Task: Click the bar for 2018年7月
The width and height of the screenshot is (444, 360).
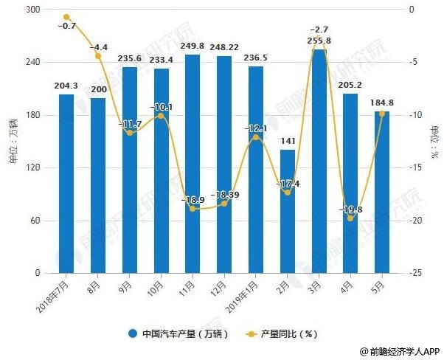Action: click(66, 184)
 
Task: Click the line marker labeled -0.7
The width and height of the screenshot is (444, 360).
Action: click(66, 17)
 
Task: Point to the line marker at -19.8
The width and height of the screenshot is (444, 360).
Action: click(351, 218)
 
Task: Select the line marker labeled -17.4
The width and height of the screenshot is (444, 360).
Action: click(288, 193)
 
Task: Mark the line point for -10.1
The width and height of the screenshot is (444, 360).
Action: click(161, 116)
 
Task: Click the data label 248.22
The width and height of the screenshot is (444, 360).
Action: click(224, 47)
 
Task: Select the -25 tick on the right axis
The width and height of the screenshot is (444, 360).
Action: click(417, 274)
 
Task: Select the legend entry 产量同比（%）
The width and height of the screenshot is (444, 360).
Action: click(280, 333)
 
